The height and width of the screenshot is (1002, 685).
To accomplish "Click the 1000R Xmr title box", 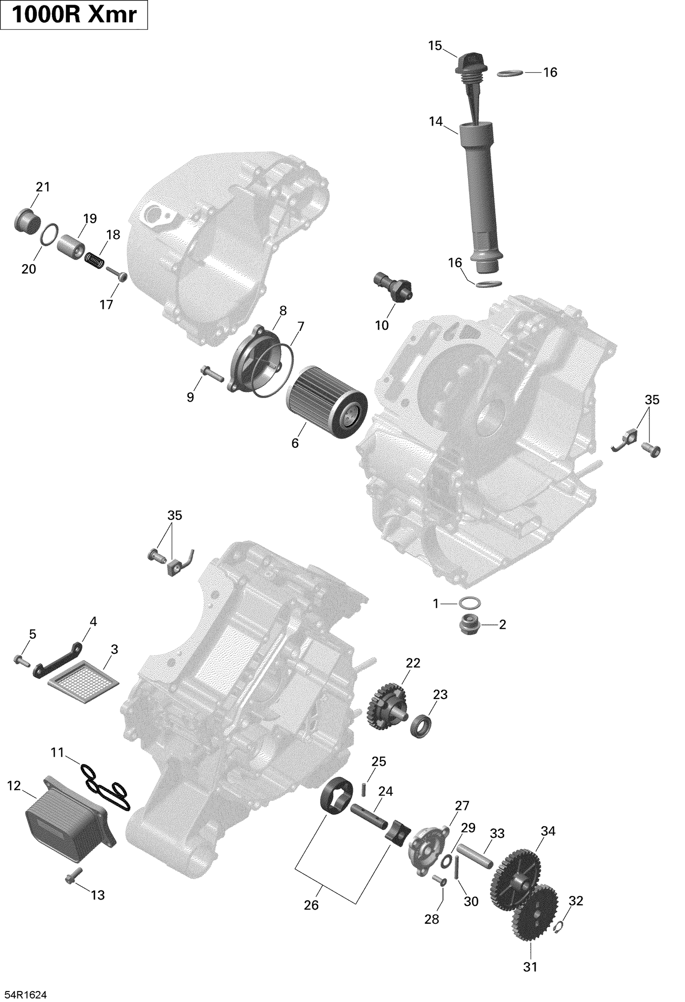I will pos(74,15).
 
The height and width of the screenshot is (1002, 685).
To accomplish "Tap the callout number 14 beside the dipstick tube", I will pos(436,122).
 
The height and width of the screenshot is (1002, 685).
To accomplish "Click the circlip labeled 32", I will pos(559,928).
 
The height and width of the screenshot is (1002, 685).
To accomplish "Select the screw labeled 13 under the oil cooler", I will pos(74,875).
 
